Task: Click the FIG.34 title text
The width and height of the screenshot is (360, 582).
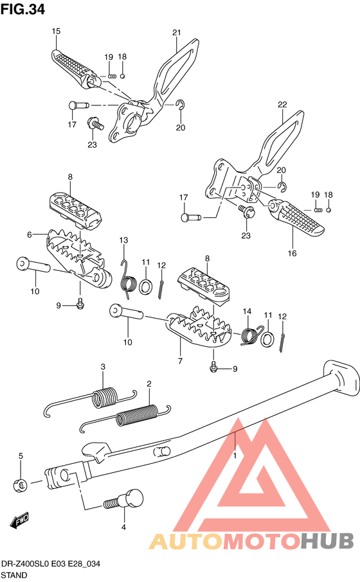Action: click(22, 9)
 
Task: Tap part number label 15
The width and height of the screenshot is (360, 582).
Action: click(56, 31)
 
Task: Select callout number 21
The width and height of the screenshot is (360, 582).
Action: click(177, 33)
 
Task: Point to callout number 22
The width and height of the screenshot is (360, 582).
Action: click(282, 105)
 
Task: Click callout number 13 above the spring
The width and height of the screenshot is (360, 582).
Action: click(123, 240)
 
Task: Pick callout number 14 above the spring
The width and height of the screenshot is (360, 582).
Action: click(247, 311)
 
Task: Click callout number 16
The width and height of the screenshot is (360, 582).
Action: click(292, 253)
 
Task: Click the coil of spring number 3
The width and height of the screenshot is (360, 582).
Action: click(104, 398)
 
